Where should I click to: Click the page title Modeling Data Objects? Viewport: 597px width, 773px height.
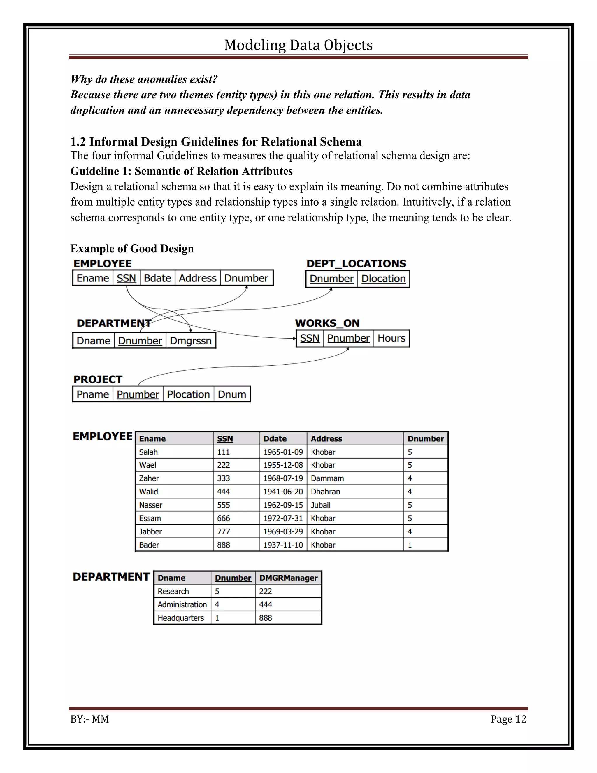click(x=298, y=45)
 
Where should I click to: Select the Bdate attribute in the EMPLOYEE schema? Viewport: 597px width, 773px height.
click(x=157, y=278)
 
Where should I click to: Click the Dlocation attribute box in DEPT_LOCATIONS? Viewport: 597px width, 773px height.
click(x=383, y=279)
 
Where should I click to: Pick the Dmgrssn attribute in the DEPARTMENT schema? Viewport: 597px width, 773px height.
click(x=190, y=341)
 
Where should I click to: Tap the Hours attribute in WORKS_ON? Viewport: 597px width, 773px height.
click(x=391, y=338)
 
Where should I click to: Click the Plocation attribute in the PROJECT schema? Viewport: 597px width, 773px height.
click(x=188, y=394)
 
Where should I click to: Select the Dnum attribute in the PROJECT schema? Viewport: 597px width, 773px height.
click(x=232, y=394)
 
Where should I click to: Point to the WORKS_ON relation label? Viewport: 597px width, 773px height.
click(x=327, y=323)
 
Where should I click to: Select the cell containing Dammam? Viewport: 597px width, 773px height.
click(x=327, y=478)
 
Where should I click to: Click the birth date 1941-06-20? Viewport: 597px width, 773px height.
click(x=283, y=492)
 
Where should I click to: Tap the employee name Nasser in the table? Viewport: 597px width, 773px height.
click(x=151, y=505)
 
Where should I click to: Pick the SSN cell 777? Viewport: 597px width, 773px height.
click(x=224, y=531)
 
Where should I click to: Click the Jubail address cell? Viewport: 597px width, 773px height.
click(x=320, y=505)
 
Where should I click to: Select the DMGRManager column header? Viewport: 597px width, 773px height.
click(x=288, y=578)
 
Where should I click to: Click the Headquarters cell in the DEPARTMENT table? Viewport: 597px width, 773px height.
click(x=181, y=618)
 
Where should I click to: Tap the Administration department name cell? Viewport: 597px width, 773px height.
click(x=182, y=604)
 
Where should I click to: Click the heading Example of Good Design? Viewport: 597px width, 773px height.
click(x=132, y=249)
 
